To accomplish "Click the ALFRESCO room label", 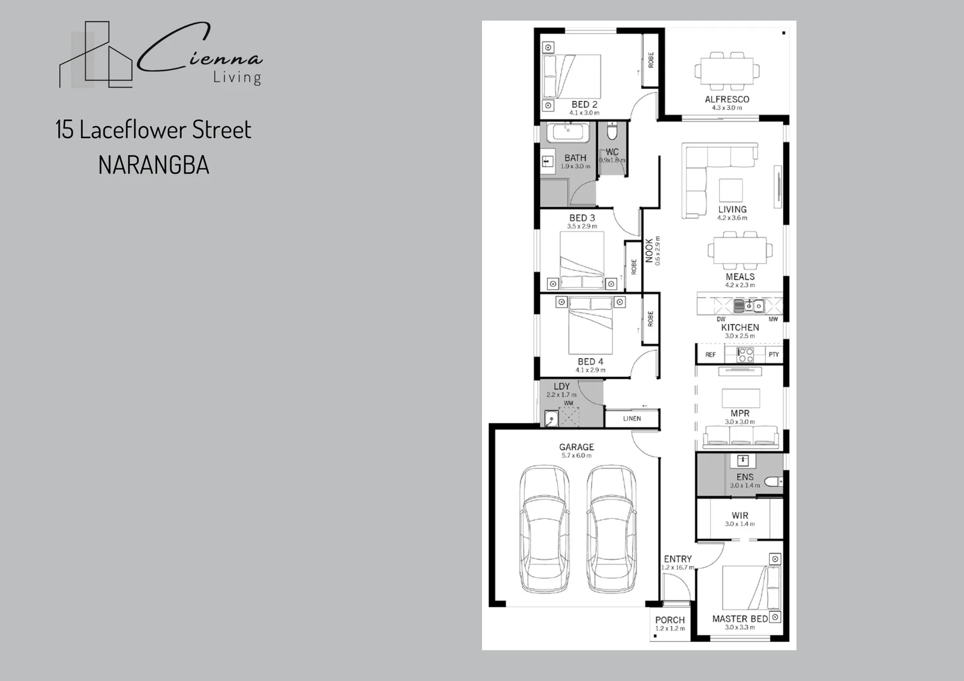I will [727, 99].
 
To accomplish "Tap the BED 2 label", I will [584, 105].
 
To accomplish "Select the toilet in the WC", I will [611, 132].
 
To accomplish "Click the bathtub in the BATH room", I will [568, 132].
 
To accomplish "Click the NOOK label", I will [649, 250].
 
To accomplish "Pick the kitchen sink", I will [748, 306].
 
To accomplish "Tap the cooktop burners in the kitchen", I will [745, 354].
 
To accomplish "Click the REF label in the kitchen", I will [710, 355].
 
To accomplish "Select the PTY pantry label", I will [773, 355].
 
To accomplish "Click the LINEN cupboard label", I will [632, 419].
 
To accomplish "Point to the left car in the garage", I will [544, 530].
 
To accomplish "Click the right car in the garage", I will [611, 530].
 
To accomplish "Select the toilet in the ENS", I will [773, 482].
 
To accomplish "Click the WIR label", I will [740, 516].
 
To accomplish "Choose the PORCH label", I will [669, 620].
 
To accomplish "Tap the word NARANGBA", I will [153, 165].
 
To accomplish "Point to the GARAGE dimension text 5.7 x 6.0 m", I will [576, 455].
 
